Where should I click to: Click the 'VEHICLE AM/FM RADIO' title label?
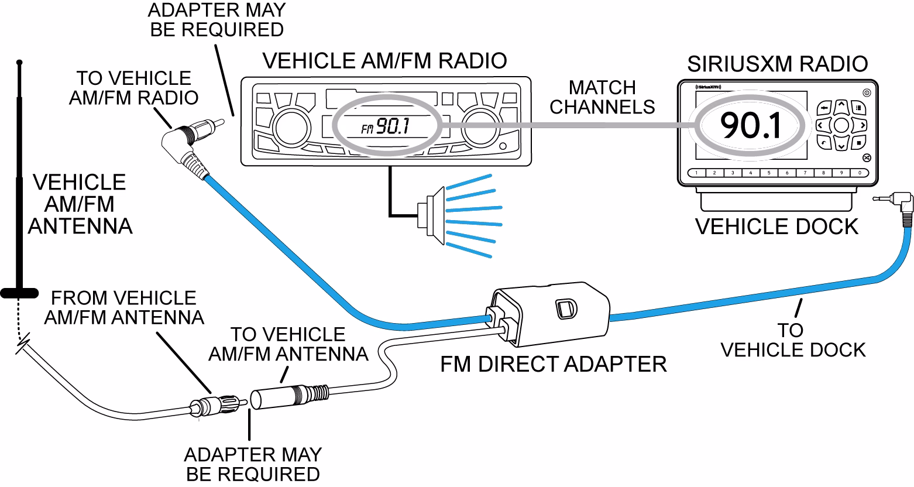(x=384, y=60)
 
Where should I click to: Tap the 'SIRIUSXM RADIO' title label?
(x=777, y=63)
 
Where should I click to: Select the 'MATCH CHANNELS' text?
(x=602, y=97)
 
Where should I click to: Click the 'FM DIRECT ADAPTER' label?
(x=553, y=364)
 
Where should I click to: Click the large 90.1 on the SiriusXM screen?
(x=750, y=125)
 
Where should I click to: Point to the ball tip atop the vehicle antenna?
(x=19, y=61)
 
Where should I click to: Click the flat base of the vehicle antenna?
(x=19, y=293)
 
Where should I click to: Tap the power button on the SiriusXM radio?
(x=866, y=92)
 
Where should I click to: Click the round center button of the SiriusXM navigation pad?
(x=841, y=124)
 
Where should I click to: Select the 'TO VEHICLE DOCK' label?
(x=792, y=340)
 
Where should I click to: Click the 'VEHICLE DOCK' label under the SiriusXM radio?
(x=776, y=226)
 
